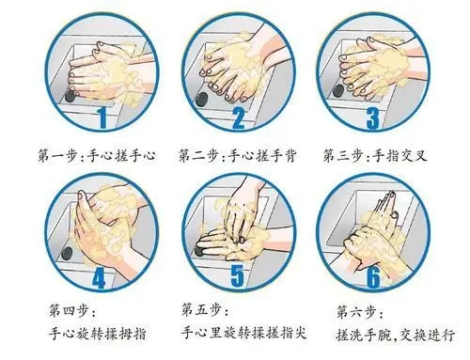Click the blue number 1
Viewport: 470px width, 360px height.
(x=102, y=117)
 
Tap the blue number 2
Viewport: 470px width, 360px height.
(x=238, y=117)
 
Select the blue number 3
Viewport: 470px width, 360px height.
(x=372, y=118)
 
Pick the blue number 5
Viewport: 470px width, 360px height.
(x=237, y=275)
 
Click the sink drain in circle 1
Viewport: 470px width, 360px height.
(x=70, y=96)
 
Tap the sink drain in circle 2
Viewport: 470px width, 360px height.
(x=202, y=100)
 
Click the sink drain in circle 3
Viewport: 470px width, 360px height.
(x=338, y=91)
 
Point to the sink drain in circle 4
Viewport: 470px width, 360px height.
(x=67, y=253)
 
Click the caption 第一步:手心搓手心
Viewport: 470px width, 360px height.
(x=97, y=156)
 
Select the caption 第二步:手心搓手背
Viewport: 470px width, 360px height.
(x=237, y=156)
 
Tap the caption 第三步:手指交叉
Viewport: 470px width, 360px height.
(x=375, y=156)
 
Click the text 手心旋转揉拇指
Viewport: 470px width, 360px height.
(x=98, y=334)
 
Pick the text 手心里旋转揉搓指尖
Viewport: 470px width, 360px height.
(x=243, y=333)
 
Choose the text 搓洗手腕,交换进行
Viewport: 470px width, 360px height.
(x=395, y=335)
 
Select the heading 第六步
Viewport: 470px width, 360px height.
(x=359, y=312)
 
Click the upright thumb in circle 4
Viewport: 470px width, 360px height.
(x=83, y=204)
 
